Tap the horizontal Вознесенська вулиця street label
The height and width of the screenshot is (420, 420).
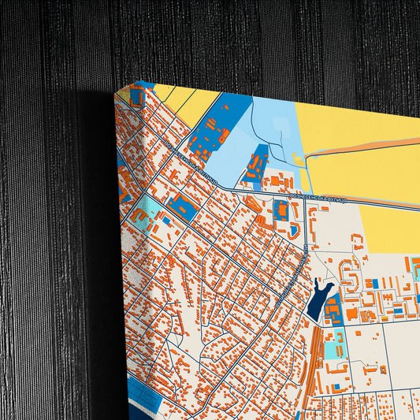[x=317, y=193]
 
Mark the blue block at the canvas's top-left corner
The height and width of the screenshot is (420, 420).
[x=136, y=98]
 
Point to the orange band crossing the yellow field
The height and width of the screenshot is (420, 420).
[x=362, y=149]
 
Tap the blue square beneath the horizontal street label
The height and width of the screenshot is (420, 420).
[x=281, y=210]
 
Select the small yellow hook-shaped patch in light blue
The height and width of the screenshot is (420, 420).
[x=299, y=161]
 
